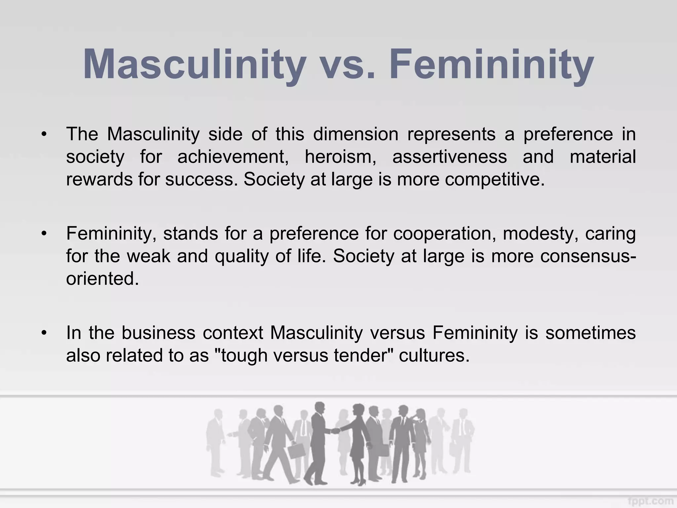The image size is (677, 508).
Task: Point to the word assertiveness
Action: (449, 157)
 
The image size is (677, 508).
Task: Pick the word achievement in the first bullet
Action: (233, 157)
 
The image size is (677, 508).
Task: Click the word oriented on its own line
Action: (102, 278)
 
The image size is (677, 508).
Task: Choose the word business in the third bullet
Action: (159, 333)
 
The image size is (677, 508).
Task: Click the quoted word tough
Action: (244, 356)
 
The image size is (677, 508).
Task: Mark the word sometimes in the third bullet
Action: (590, 333)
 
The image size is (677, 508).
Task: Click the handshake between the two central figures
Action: (335, 431)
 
